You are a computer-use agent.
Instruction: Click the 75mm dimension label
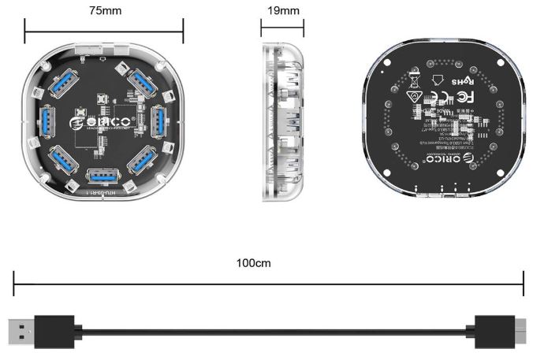(104, 12)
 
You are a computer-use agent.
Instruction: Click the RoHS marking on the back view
(460, 81)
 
